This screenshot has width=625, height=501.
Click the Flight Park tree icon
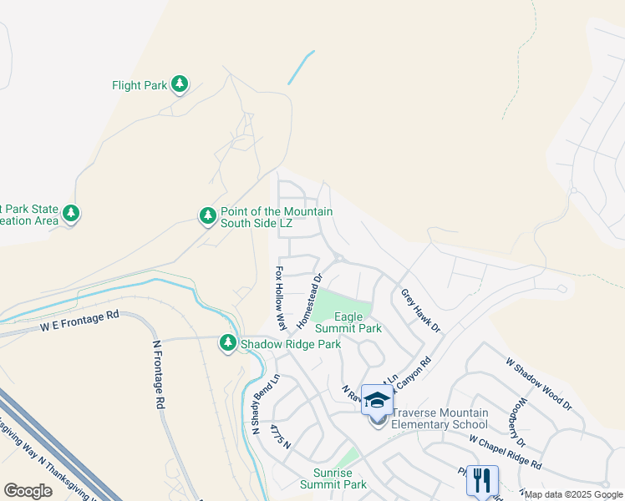point(179,83)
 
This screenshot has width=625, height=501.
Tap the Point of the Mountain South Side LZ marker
point(208,216)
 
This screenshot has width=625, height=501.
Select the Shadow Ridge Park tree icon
point(228,343)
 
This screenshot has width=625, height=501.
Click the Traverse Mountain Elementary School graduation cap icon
point(378,400)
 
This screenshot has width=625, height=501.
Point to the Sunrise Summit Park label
point(333,478)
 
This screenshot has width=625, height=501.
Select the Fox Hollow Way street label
point(282,298)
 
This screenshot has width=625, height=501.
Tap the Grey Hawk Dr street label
point(420,311)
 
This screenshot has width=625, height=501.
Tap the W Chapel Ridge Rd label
point(505,452)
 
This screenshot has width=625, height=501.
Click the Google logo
point(28,490)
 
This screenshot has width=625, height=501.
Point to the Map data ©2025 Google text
point(573,494)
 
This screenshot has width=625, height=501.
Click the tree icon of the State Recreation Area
point(71,215)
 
